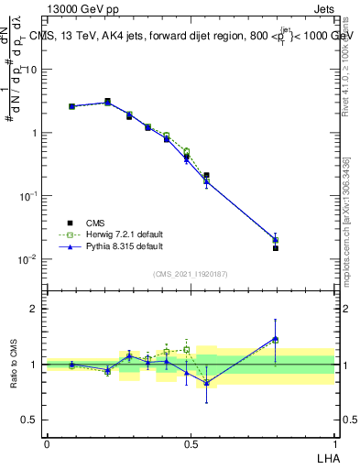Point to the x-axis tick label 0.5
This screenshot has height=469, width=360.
[x=190, y=443]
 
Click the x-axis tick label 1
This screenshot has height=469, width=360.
[x=334, y=443]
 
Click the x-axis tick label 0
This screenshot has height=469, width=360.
[x=47, y=443]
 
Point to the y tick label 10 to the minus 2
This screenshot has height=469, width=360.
[x=27, y=259]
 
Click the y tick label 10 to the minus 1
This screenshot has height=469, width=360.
[x=27, y=196]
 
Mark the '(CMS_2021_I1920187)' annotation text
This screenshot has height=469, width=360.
[x=190, y=274]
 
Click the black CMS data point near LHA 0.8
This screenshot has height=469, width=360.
[x=276, y=248]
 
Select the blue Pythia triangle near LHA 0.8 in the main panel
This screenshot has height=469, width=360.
[x=276, y=240]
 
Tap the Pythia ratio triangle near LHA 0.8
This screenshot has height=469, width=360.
[x=276, y=339]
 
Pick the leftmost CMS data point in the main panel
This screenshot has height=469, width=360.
[x=71, y=106]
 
